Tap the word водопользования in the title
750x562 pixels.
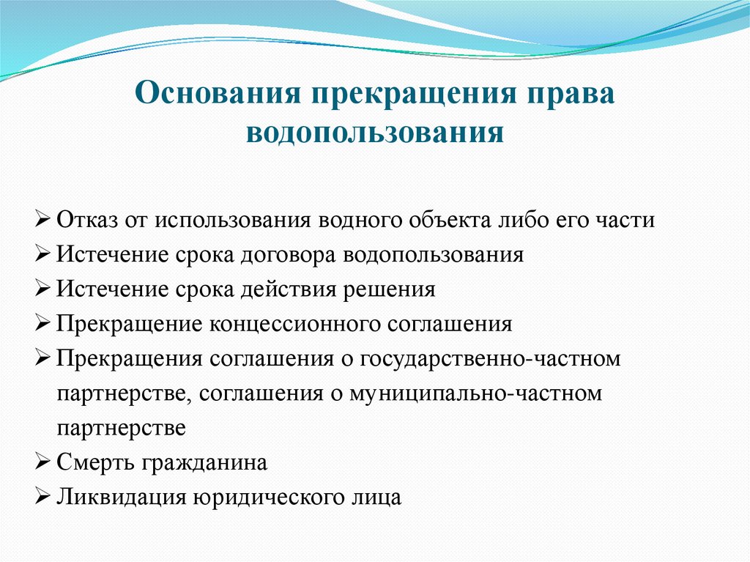pos(374,134)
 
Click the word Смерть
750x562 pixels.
pos(92,463)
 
